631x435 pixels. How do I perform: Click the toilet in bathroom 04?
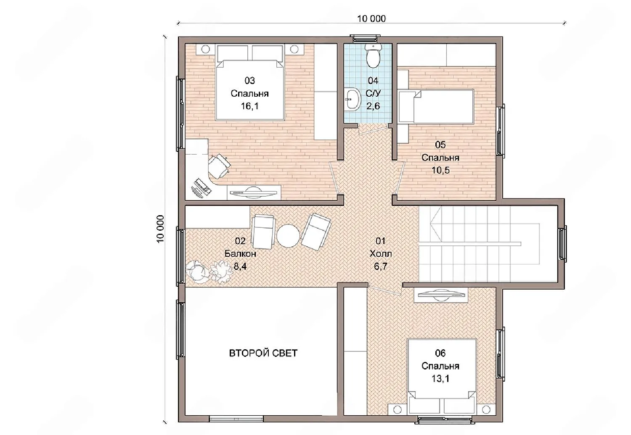tap(374, 56)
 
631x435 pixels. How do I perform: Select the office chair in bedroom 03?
tap(218, 166)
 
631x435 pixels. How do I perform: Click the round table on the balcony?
tap(288, 235)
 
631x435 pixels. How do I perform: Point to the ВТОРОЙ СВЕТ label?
tap(263, 353)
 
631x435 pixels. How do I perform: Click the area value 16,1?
tap(249, 106)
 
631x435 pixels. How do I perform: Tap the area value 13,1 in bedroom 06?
tap(440, 379)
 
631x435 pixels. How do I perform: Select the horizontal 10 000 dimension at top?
tap(371, 18)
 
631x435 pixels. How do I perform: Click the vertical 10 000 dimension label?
tap(160, 229)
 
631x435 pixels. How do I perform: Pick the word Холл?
tap(380, 253)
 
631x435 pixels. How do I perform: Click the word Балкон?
tap(240, 253)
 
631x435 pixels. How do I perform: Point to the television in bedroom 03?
tap(254, 192)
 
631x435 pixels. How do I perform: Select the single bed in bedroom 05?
tap(436, 106)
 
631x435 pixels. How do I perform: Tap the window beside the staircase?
tap(562, 244)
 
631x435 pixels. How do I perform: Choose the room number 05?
tap(440, 145)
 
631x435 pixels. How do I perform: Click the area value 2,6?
tap(373, 106)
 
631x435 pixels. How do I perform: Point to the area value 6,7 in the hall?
tap(380, 266)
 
